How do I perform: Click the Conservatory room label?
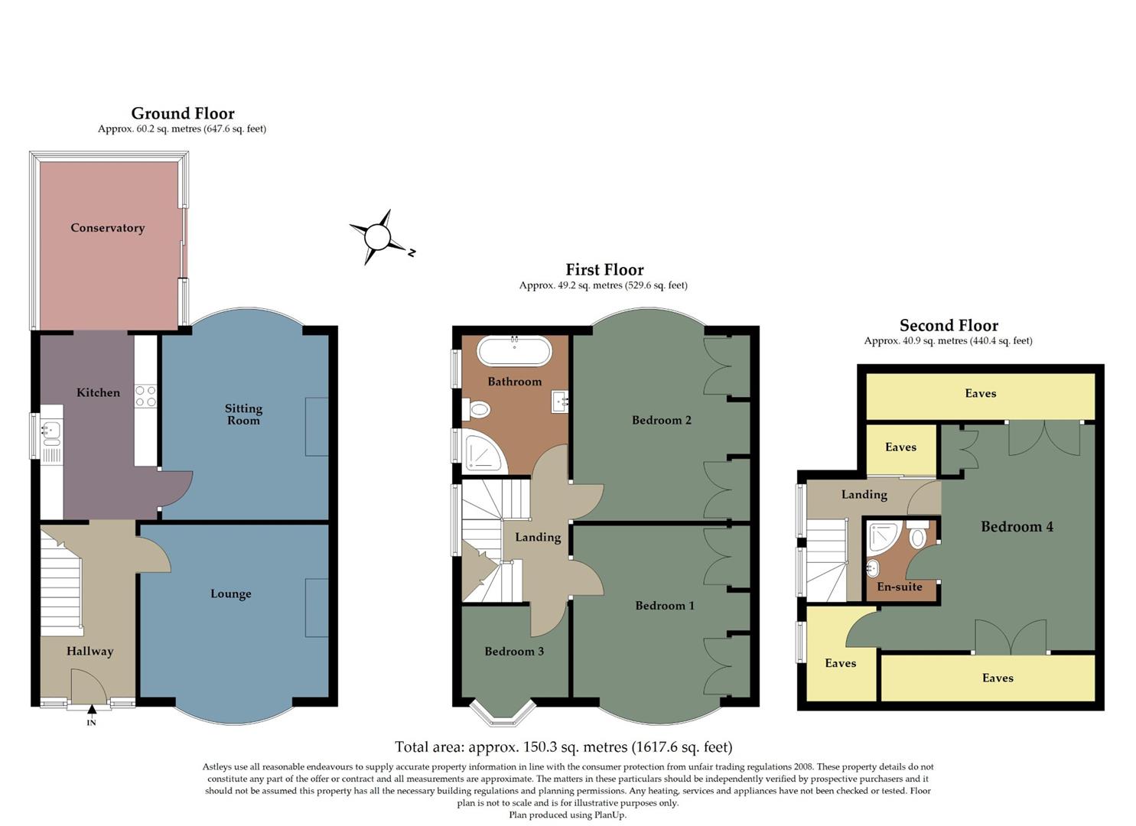coord(107,228)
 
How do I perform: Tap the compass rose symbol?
coord(378,237)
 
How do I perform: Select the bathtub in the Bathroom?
coord(514,353)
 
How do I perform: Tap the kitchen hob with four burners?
coord(145,395)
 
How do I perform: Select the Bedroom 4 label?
coord(1017,526)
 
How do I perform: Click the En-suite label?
coord(899,587)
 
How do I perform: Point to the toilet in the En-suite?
coord(919,536)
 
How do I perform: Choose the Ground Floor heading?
coord(183,113)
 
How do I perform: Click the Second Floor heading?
coord(949,325)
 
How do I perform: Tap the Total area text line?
coord(563,746)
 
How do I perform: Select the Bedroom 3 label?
coord(514,651)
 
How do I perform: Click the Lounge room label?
coord(230,593)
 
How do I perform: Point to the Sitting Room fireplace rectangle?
coord(317,427)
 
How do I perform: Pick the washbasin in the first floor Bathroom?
coord(560,400)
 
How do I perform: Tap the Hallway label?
coord(90,651)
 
